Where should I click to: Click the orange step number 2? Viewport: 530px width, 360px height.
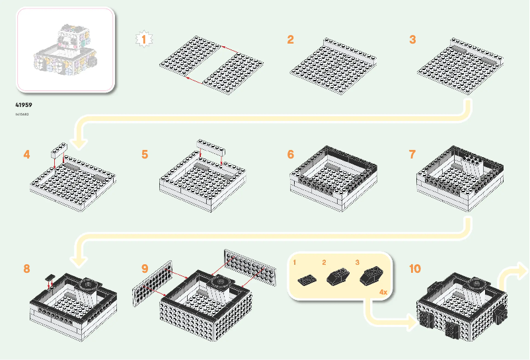point(290,40)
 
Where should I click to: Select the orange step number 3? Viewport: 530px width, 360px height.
point(412,40)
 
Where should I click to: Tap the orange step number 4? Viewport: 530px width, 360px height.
point(26,155)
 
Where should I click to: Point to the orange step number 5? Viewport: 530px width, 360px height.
point(144,155)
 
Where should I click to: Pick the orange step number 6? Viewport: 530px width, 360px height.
point(290,155)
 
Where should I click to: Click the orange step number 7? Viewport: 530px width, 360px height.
point(412,155)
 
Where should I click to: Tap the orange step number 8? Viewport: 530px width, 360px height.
point(26,269)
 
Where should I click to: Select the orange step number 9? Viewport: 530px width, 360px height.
point(144,269)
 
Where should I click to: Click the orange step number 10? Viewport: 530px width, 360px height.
point(414,269)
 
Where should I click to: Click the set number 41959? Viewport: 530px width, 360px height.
point(24,104)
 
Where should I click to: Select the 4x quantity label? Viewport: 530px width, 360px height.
point(383,291)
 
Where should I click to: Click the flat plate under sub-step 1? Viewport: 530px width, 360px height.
point(307,279)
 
